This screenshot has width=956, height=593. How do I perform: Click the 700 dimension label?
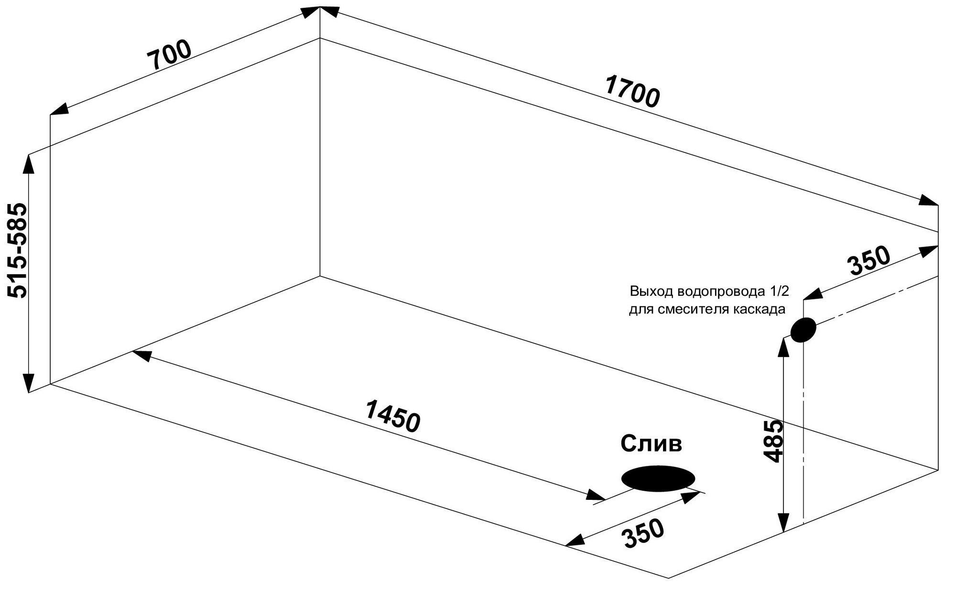point(169,54)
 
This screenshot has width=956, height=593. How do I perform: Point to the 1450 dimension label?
point(392,416)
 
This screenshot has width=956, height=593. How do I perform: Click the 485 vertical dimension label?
point(773,441)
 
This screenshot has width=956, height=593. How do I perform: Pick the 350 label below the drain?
point(644,533)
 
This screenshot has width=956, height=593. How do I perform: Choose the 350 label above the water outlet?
point(869,261)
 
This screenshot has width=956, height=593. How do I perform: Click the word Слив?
point(651,444)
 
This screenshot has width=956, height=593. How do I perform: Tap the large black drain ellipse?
point(658,478)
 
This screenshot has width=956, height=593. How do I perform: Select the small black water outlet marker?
point(803,330)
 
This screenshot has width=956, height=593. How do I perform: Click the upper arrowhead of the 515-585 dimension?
point(29,162)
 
